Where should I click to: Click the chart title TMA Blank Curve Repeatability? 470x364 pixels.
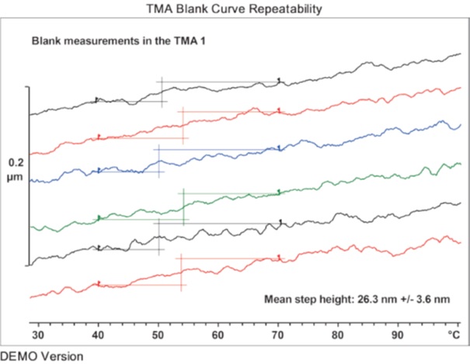(235, 9)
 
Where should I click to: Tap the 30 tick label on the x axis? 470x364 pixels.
(38, 335)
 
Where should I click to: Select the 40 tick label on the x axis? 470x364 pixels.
(98, 335)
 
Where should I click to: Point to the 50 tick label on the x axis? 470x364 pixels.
(158, 335)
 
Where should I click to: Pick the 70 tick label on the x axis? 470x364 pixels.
(277, 335)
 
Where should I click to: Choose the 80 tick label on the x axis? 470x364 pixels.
(337, 335)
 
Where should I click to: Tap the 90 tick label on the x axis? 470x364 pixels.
(397, 335)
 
